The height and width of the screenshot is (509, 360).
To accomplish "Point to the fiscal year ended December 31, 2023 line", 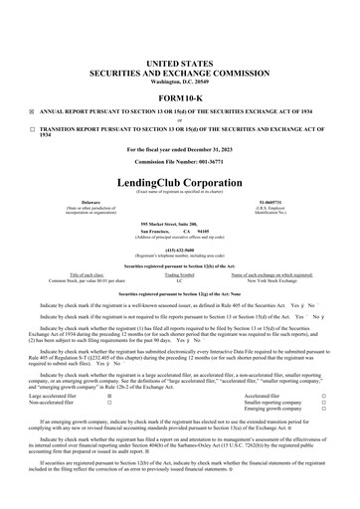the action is point(179,149).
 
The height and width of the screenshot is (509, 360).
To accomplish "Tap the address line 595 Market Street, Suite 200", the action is point(179,227).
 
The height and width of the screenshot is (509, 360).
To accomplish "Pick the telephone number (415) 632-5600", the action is point(179,252).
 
